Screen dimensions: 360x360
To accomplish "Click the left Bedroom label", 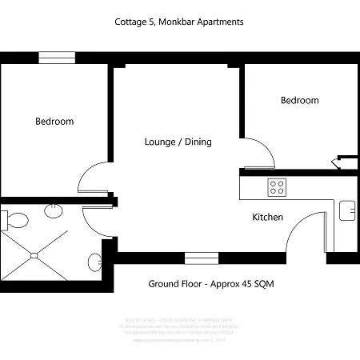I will pos(54,122).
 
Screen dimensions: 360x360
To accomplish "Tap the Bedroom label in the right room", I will pos(299,101).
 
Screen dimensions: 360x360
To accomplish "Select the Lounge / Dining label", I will pos(178,142).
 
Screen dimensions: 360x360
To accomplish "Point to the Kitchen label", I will pos(267,218).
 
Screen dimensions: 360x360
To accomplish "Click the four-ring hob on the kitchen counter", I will pos(278,188).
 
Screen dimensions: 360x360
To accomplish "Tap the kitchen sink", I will pos(348,210).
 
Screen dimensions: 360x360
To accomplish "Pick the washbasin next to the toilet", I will pos(53,210).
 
